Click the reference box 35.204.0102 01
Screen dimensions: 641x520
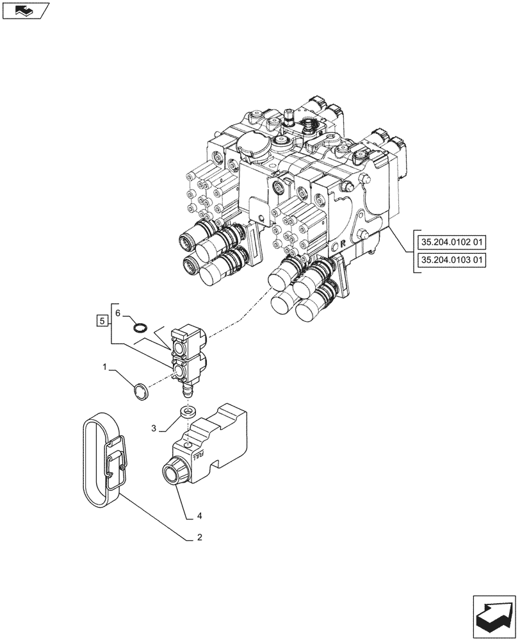point(451,243)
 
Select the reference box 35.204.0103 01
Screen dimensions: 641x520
point(451,261)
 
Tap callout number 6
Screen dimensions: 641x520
point(117,312)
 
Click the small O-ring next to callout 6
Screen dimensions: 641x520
point(140,328)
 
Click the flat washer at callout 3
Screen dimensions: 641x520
point(187,412)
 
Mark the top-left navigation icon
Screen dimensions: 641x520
point(25,10)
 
